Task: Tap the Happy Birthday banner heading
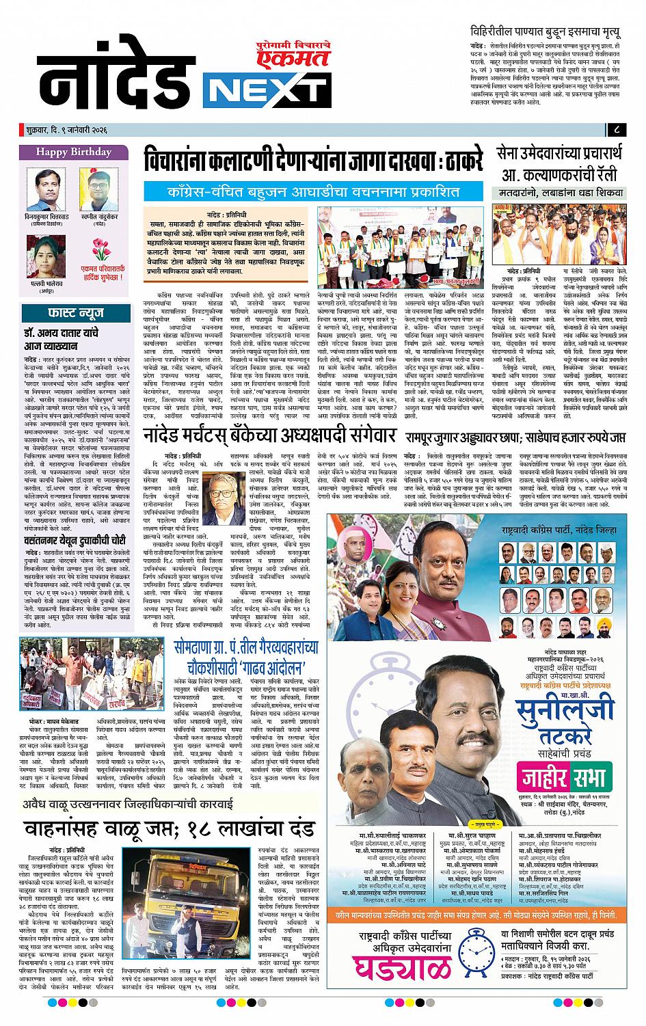[x=72, y=152]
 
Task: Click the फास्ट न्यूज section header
[x=73, y=314]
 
